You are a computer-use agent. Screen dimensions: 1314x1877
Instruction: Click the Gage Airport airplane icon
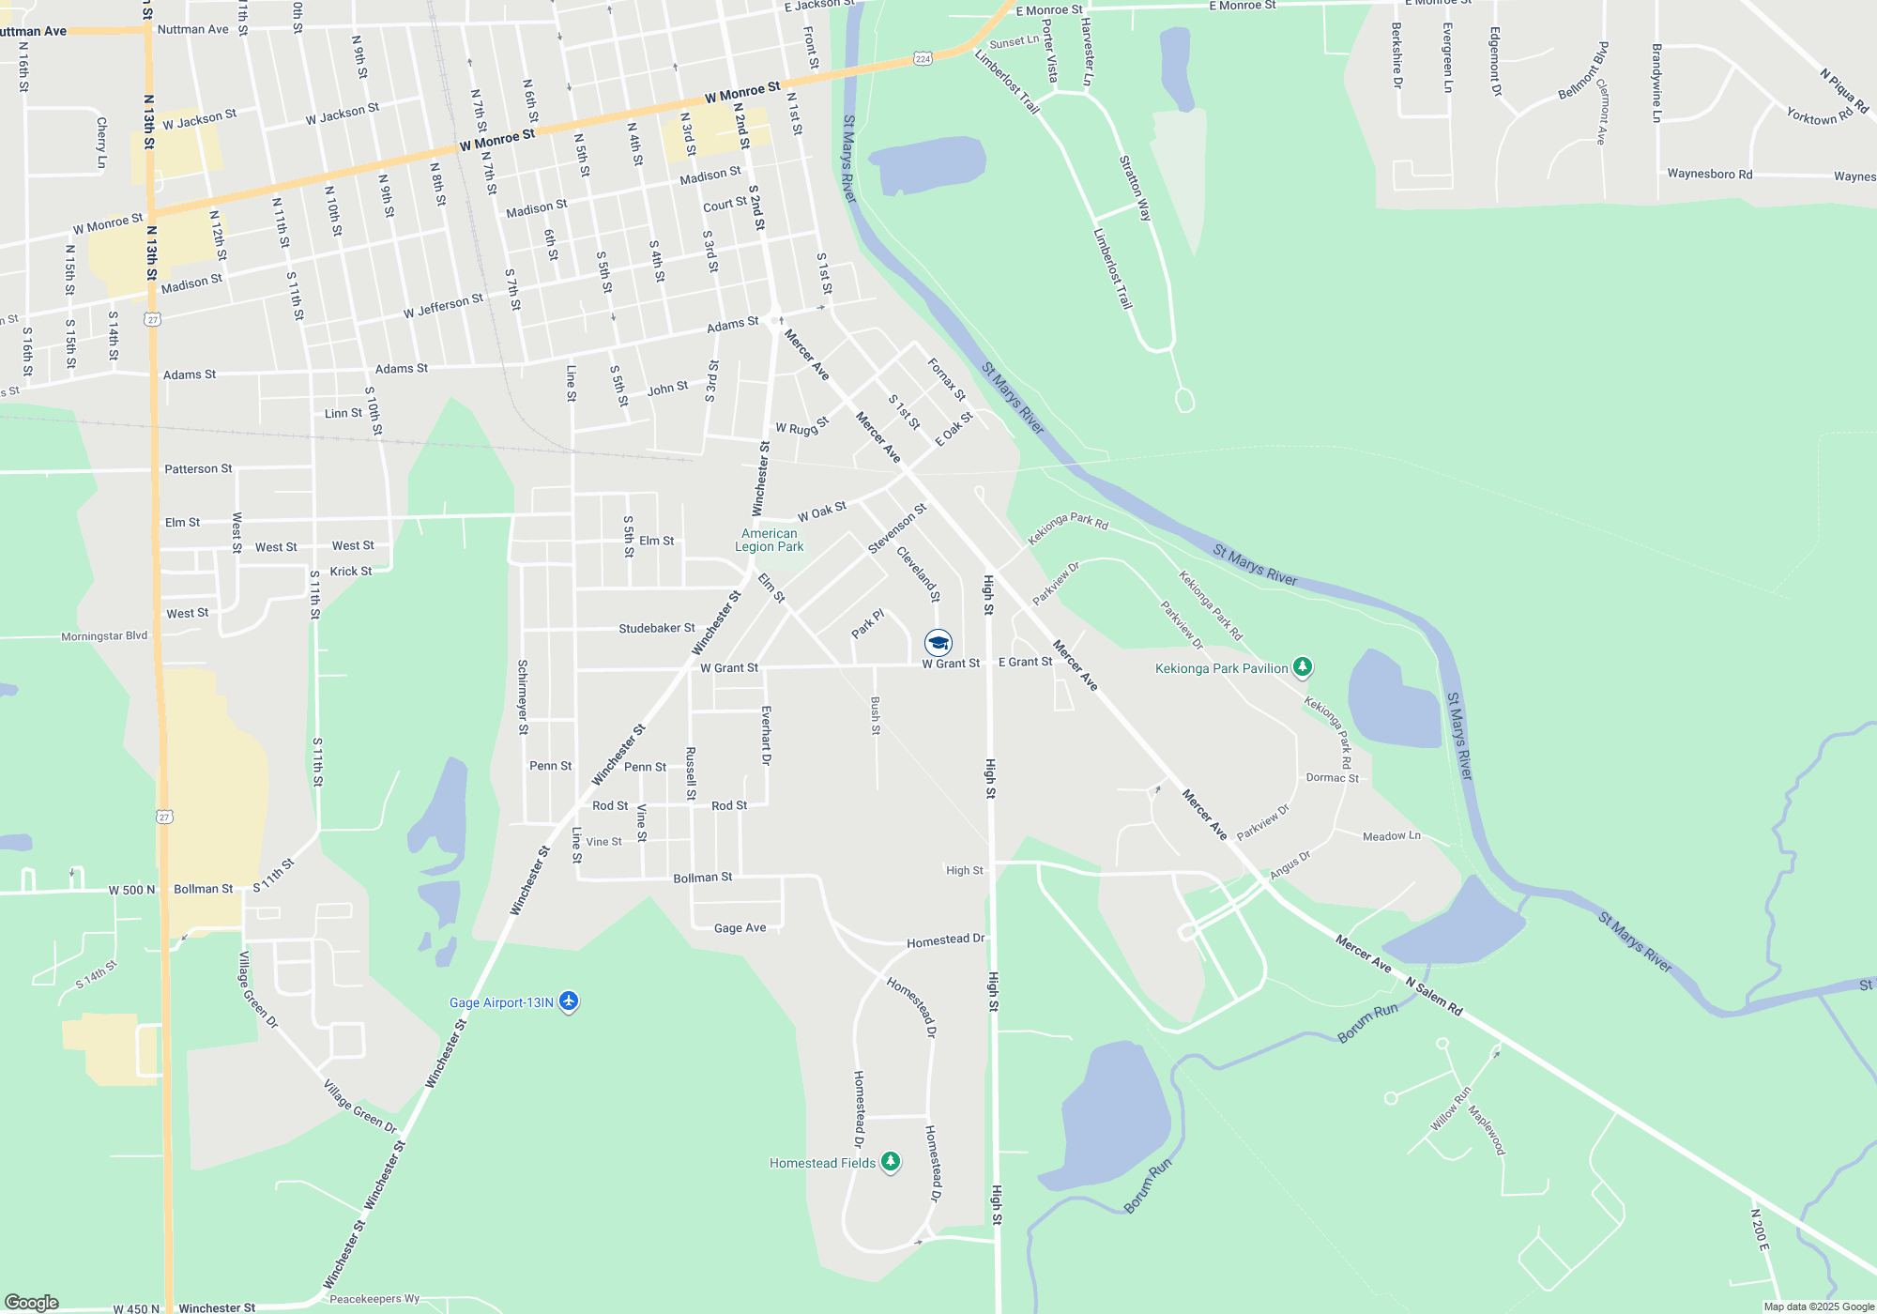(x=568, y=1001)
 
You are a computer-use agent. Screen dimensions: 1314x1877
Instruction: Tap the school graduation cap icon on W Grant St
(x=938, y=642)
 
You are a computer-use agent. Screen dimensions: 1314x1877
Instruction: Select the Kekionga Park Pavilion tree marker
(x=1302, y=666)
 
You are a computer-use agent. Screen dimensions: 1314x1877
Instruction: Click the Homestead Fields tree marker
(x=891, y=1162)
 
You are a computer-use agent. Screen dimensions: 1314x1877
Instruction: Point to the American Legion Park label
(x=769, y=540)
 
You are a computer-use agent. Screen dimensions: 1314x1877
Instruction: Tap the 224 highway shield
(x=923, y=59)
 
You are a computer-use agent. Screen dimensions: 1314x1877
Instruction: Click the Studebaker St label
(x=657, y=628)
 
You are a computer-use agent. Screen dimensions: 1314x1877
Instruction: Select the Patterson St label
(x=198, y=468)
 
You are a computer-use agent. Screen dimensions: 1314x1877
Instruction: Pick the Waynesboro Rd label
(x=1709, y=174)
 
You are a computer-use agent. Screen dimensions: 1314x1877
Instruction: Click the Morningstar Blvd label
(x=104, y=636)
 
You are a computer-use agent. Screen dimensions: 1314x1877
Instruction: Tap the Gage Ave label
(x=740, y=928)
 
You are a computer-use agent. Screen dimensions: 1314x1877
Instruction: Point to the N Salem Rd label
(x=1434, y=996)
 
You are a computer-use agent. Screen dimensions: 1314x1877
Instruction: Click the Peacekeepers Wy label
(x=374, y=1299)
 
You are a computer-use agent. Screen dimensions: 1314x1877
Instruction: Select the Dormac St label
(x=1332, y=778)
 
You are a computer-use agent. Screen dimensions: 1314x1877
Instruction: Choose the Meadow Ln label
(x=1391, y=836)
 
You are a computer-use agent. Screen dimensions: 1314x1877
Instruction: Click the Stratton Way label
(x=1135, y=188)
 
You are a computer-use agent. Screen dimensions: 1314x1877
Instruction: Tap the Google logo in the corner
(x=32, y=1303)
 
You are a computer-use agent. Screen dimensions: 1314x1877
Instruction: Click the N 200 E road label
(x=1760, y=1229)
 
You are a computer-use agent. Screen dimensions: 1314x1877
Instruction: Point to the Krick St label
(x=350, y=571)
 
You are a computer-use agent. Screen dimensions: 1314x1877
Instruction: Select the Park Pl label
(x=868, y=624)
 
